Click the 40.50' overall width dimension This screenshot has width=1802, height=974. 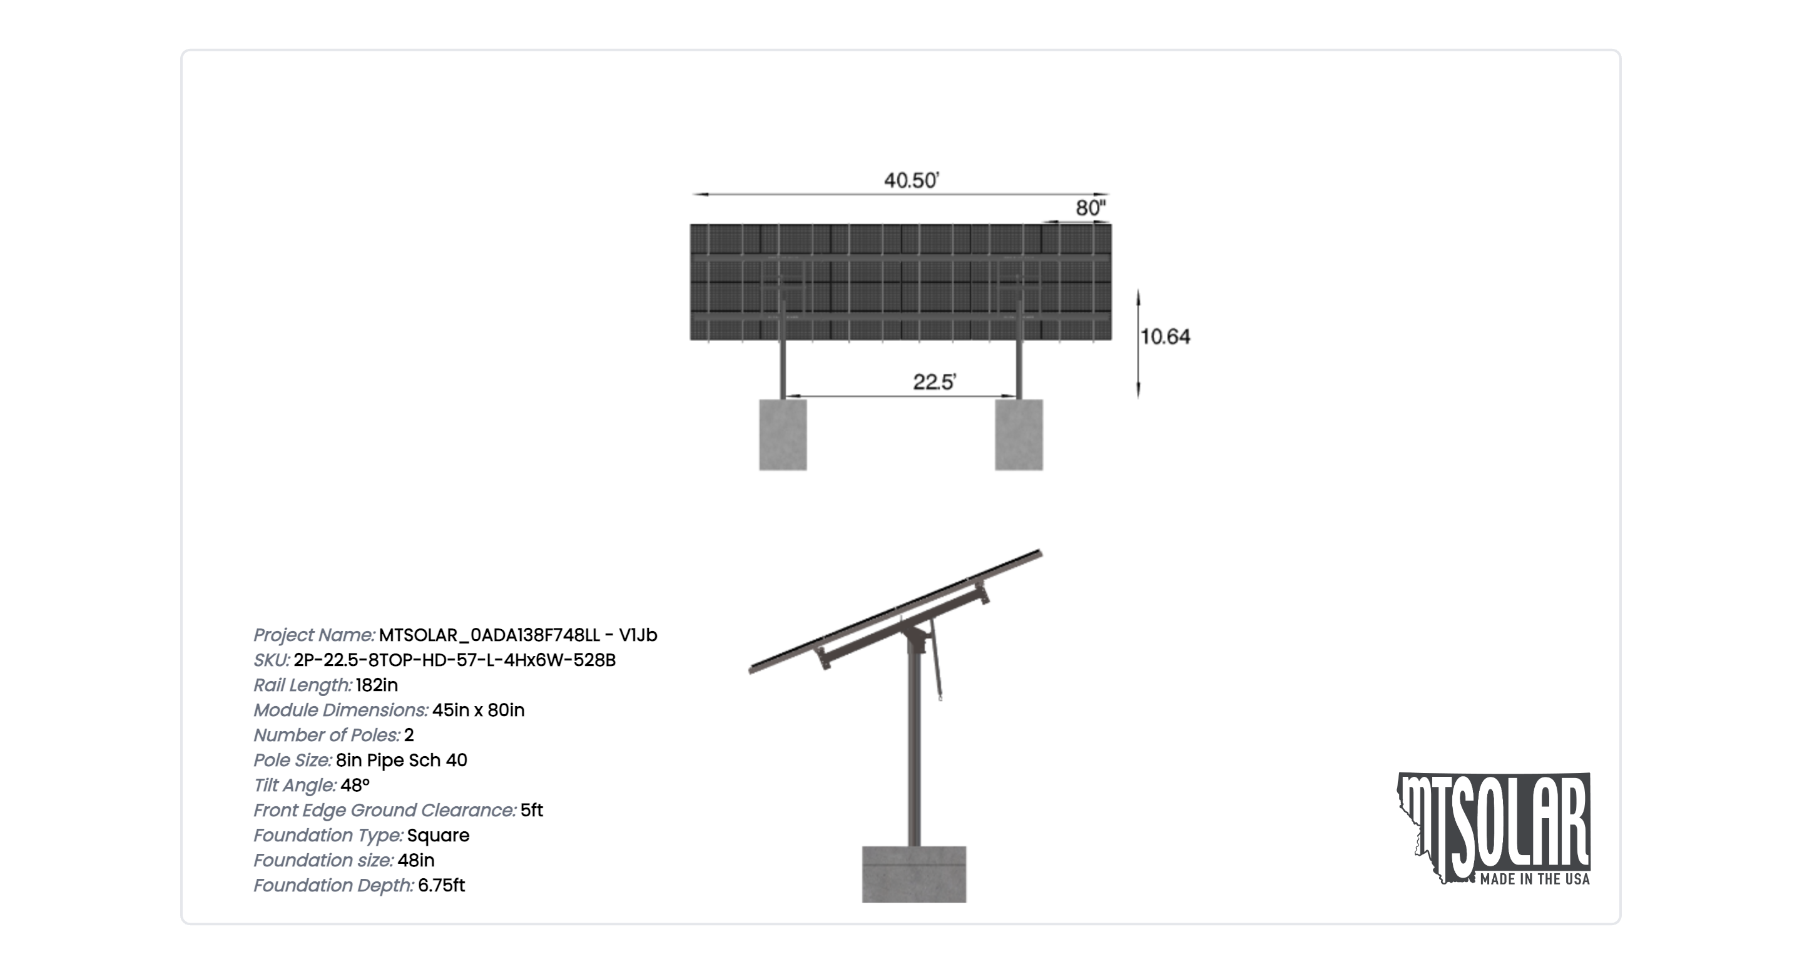(x=911, y=180)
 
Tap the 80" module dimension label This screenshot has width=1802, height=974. (x=1091, y=208)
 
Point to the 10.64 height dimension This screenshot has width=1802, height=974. (x=1164, y=337)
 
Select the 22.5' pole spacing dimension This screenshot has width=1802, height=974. (x=934, y=382)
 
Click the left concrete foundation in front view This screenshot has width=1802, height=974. (x=783, y=434)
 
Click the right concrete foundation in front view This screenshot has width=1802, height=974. (x=1019, y=434)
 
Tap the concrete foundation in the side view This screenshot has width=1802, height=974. (x=914, y=874)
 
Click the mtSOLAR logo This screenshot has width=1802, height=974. (x=1494, y=828)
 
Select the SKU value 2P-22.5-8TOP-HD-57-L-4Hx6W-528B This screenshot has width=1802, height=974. (x=455, y=660)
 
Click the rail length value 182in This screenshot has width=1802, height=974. (x=376, y=685)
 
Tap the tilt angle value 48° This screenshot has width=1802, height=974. (x=355, y=785)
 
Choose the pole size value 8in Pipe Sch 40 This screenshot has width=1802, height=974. (x=402, y=760)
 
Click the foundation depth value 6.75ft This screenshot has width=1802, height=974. (x=441, y=885)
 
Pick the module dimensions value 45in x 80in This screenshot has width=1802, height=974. (x=479, y=710)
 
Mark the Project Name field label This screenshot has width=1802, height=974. (x=314, y=635)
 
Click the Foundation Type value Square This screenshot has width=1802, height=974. (x=438, y=836)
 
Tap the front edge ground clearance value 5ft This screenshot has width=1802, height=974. (x=532, y=810)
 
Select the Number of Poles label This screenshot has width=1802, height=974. (x=327, y=736)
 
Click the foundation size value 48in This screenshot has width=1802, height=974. (x=415, y=860)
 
